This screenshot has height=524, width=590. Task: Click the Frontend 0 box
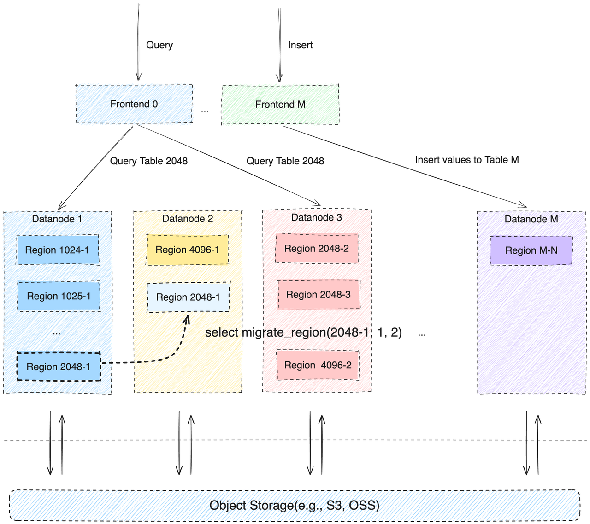click(x=134, y=104)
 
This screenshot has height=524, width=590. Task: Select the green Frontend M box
click(x=280, y=105)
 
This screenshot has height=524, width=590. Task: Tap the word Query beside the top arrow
click(x=159, y=45)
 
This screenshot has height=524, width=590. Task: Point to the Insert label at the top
click(x=300, y=45)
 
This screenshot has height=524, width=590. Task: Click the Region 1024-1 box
click(x=58, y=250)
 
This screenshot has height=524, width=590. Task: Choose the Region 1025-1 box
click(x=59, y=296)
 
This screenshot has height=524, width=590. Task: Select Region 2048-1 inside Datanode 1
click(x=59, y=367)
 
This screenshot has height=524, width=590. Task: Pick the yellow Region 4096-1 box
click(x=188, y=250)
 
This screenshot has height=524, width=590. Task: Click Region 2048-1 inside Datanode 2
click(x=188, y=297)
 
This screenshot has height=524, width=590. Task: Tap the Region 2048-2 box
click(x=317, y=249)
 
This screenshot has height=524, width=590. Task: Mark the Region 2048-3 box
click(x=319, y=295)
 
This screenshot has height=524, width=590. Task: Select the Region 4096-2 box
click(x=318, y=365)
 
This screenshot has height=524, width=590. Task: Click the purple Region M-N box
click(x=531, y=250)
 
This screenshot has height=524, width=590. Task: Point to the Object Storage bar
click(x=295, y=506)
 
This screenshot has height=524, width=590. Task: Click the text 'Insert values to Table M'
click(x=467, y=160)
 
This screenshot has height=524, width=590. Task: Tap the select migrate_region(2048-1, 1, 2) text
click(x=303, y=332)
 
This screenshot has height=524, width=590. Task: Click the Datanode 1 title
click(x=57, y=219)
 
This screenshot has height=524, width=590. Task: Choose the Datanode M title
click(x=531, y=219)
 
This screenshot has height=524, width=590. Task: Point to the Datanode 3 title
click(x=317, y=217)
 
